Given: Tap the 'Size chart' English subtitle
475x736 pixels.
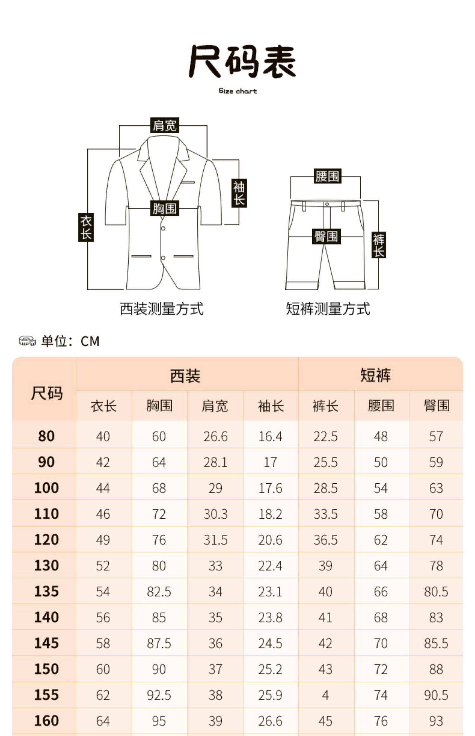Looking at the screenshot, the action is (x=237, y=91).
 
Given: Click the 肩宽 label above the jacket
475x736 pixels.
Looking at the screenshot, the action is (x=164, y=126).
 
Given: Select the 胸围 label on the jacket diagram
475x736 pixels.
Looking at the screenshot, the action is (x=164, y=208).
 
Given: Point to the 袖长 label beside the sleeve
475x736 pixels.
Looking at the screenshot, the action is (x=239, y=193).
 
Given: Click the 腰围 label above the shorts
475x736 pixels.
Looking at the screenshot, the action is (x=327, y=176).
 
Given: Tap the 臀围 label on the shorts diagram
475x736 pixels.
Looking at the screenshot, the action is (x=326, y=236).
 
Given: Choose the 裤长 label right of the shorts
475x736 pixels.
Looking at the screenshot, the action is (x=378, y=245).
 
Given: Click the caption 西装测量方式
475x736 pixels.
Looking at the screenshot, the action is (x=161, y=308).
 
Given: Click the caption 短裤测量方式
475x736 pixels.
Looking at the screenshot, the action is (x=328, y=308).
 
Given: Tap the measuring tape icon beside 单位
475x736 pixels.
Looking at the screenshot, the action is (x=27, y=341).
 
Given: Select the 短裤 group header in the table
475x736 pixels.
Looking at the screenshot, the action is (x=376, y=375).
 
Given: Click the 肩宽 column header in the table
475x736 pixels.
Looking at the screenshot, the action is (x=215, y=406).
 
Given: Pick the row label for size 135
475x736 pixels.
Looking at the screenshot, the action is (x=46, y=591).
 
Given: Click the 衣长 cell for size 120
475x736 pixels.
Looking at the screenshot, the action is (x=103, y=540).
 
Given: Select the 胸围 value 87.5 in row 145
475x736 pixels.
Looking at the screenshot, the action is (x=159, y=643).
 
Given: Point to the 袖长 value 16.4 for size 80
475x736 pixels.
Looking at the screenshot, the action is (x=270, y=436).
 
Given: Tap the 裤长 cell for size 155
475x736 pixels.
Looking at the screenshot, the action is (x=326, y=695).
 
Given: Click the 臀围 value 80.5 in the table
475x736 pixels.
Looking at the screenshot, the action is (x=436, y=591).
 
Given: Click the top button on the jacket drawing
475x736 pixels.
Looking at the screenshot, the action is (x=163, y=228).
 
